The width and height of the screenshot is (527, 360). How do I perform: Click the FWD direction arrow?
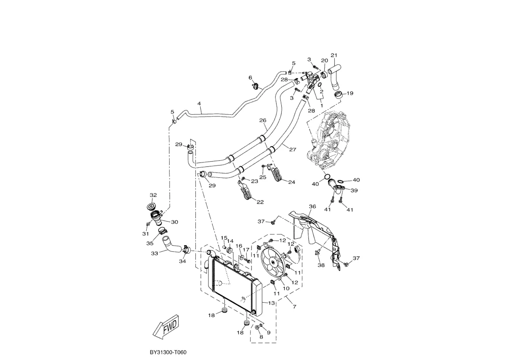click(166, 327)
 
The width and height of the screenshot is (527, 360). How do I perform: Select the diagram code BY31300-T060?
click(168, 353)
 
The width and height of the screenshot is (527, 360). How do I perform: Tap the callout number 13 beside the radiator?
click(271, 303)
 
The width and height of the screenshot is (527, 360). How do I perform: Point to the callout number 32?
click(153, 195)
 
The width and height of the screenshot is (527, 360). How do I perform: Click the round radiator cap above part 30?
click(151, 207)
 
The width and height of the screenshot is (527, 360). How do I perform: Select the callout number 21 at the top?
click(334, 55)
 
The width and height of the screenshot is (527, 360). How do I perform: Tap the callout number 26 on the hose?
click(263, 120)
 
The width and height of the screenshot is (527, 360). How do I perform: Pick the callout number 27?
click(293, 149)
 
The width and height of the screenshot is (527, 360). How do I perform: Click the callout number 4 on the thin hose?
click(199, 103)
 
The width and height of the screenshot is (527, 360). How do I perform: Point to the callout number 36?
click(312, 206)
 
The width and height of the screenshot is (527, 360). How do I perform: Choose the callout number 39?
click(354, 191)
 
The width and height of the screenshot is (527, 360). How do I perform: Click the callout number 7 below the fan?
click(294, 307)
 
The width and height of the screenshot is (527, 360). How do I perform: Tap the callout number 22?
click(260, 202)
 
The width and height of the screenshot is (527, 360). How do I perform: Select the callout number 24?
click(292, 182)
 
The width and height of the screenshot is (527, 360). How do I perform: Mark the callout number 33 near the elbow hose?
click(154, 254)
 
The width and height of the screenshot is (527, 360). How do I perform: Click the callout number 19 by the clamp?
click(350, 93)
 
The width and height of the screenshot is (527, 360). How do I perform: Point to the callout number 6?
click(250, 78)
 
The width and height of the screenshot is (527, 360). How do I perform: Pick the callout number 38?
click(321, 265)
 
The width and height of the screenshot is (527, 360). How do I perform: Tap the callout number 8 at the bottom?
click(261, 337)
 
